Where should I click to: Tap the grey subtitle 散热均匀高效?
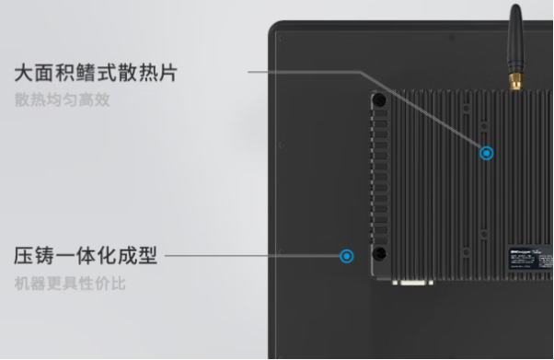(x=63, y=99)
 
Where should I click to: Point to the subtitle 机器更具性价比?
(x=70, y=283)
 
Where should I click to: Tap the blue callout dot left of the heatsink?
(x=347, y=256)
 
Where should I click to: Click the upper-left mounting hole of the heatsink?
(x=379, y=99)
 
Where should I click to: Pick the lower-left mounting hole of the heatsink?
(x=379, y=254)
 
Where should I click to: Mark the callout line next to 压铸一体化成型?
(x=248, y=256)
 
